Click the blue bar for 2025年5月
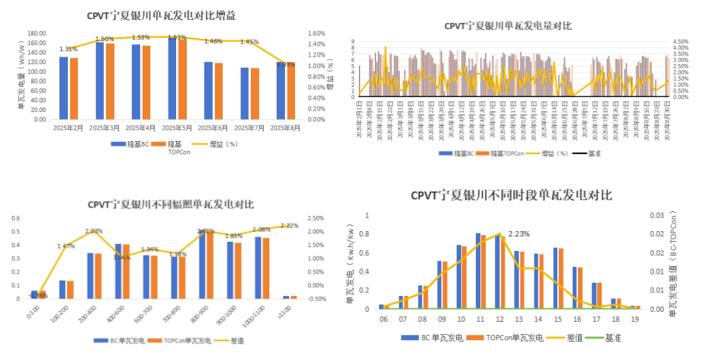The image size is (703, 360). (x=172, y=78)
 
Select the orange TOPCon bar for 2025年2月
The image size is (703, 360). (x=74, y=88)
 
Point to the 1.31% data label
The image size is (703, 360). (x=69, y=50)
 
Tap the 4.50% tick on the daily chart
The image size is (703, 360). (x=682, y=42)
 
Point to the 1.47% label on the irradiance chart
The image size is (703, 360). (x=66, y=246)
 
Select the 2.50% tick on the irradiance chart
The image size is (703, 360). (x=314, y=218)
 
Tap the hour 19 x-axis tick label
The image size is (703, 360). (x=634, y=318)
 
